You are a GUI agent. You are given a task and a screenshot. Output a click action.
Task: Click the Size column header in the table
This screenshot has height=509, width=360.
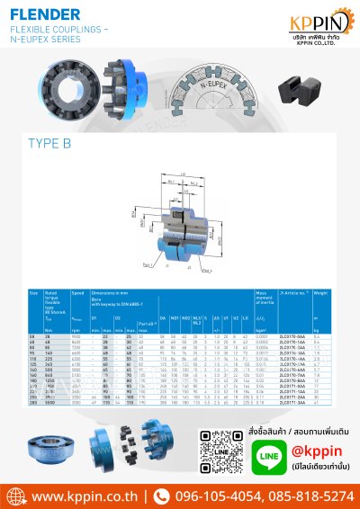tap(33, 293)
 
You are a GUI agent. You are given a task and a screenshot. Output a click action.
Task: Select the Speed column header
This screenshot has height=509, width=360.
tap(77, 293)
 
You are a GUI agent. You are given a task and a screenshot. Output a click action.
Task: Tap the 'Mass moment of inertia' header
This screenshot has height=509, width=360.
tap(262, 298)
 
